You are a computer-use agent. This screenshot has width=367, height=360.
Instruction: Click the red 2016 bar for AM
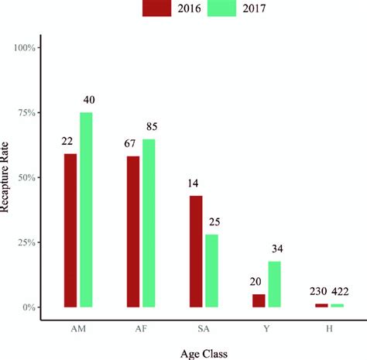[x=70, y=230]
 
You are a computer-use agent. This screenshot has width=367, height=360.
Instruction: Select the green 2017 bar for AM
[x=86, y=210]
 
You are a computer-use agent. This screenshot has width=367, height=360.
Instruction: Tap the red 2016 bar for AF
[x=133, y=231]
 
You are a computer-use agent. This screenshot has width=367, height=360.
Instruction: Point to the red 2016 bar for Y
[x=259, y=300]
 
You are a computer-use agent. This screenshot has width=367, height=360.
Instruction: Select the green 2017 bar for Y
[x=275, y=284]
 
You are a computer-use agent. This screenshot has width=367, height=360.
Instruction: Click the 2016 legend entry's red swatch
[x=158, y=9]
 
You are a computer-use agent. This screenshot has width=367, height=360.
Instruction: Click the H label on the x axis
[x=330, y=327]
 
